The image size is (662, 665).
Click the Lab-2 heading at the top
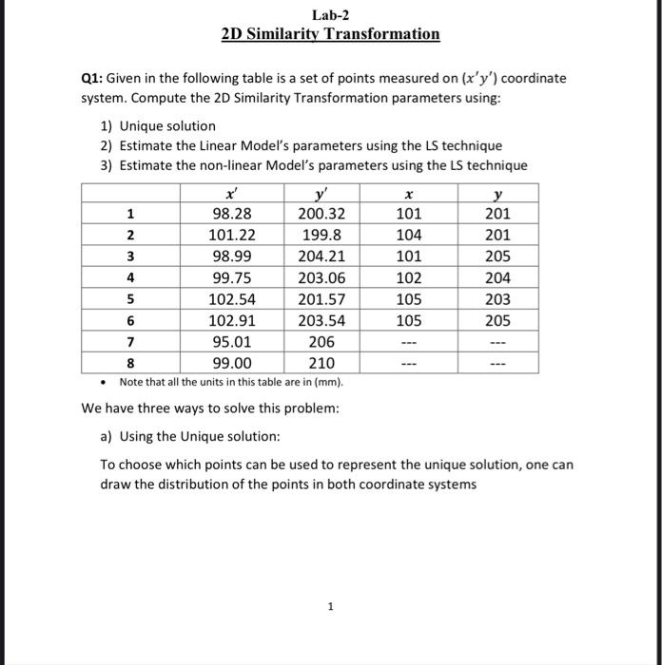(330, 14)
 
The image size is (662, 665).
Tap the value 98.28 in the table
(229, 213)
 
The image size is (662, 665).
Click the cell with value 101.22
(229, 235)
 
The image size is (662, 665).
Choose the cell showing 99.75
(229, 278)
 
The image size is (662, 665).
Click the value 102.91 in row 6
(229, 321)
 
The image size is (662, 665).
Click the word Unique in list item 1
(140, 125)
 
